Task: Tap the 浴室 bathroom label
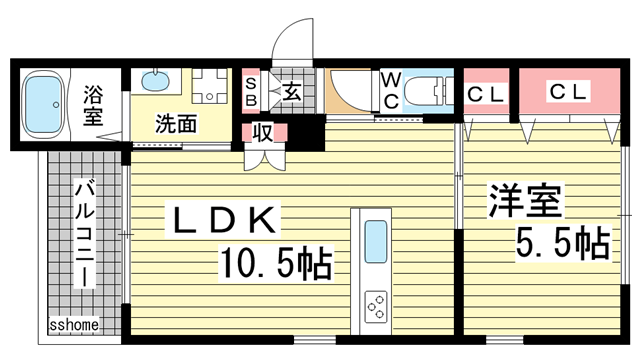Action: click(93, 101)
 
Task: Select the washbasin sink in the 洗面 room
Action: click(155, 80)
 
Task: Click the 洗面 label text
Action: click(176, 124)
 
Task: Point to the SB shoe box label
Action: click(251, 93)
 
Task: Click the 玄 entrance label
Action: click(292, 93)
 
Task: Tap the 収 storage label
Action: click(263, 131)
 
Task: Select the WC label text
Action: click(391, 90)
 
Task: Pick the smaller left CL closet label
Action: click(486, 95)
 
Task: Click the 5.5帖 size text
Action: click(562, 242)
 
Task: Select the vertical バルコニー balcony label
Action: click(85, 232)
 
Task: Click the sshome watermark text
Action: click(73, 325)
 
